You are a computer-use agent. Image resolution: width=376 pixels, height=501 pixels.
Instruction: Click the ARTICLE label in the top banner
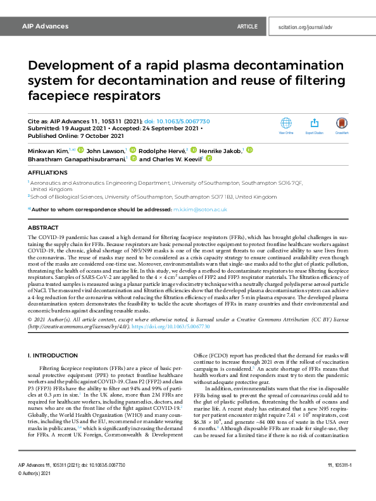click(247, 27)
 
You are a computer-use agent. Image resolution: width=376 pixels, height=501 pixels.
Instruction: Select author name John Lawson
click(105, 151)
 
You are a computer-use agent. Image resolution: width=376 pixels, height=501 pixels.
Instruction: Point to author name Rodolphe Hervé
click(162, 151)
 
